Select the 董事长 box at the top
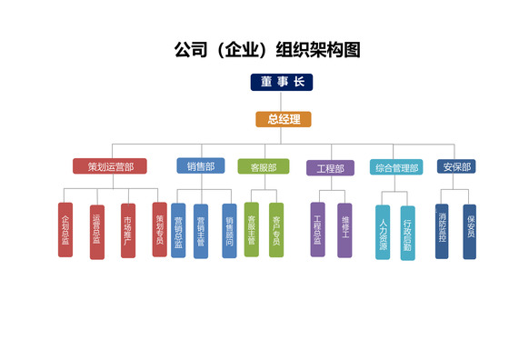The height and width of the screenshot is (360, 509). pos(282,83)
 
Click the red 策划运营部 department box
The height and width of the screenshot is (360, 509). pos(110,166)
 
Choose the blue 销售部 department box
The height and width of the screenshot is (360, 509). pos(201,166)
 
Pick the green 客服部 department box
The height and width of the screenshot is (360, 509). pos(263,167)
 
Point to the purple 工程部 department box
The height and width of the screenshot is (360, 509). pos(330,168)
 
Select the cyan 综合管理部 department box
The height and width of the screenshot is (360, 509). pos(396,167)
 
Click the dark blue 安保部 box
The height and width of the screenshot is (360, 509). pos(455,167)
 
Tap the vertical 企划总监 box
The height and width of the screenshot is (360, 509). pos(65,231)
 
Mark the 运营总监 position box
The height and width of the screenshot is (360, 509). pos(96,231)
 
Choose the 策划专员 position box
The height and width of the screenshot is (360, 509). pos(160,229)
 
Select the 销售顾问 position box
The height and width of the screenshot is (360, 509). pos(229,231)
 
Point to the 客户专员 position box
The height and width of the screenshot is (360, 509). pos(276,229)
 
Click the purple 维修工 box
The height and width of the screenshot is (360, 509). pos(345,230)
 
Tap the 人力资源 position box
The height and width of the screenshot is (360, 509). pos(383,233)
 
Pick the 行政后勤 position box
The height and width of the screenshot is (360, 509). pos(407,233)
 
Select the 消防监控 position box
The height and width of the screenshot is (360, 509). pos(442,231)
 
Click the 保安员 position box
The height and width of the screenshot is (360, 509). pos(470,231)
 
